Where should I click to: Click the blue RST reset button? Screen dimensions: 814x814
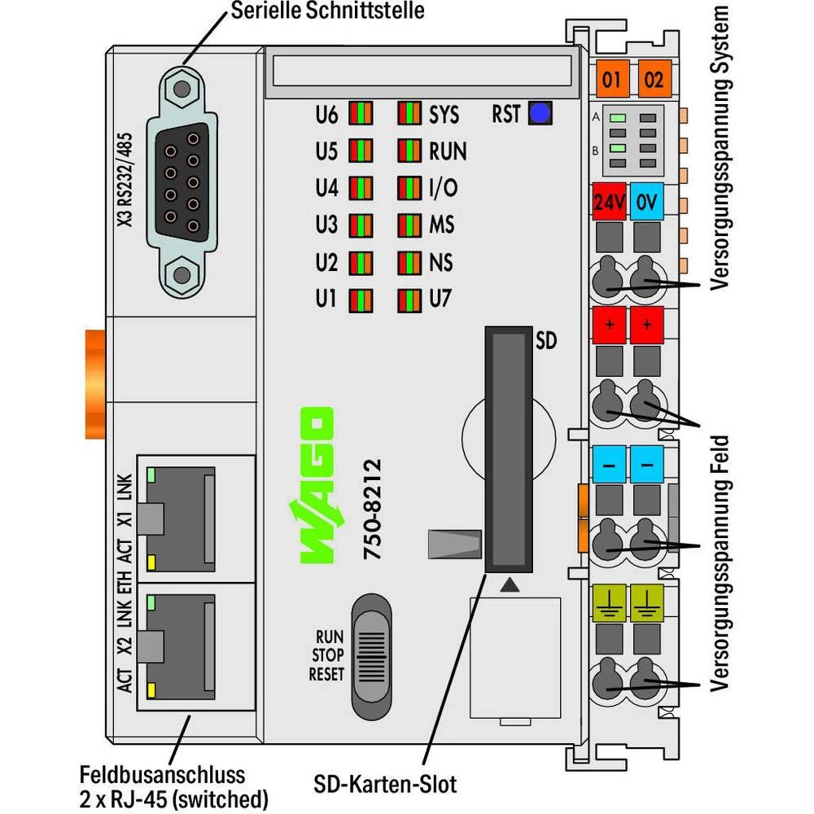[x=539, y=114]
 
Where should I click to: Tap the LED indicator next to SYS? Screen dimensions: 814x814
[x=409, y=114]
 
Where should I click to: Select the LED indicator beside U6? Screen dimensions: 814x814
[x=361, y=114]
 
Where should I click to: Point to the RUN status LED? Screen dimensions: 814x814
[x=409, y=151]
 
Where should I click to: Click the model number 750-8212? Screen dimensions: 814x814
[x=370, y=509]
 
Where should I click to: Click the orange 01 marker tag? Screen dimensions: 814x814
[x=612, y=80]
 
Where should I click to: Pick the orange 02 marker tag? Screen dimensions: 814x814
[x=654, y=80]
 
